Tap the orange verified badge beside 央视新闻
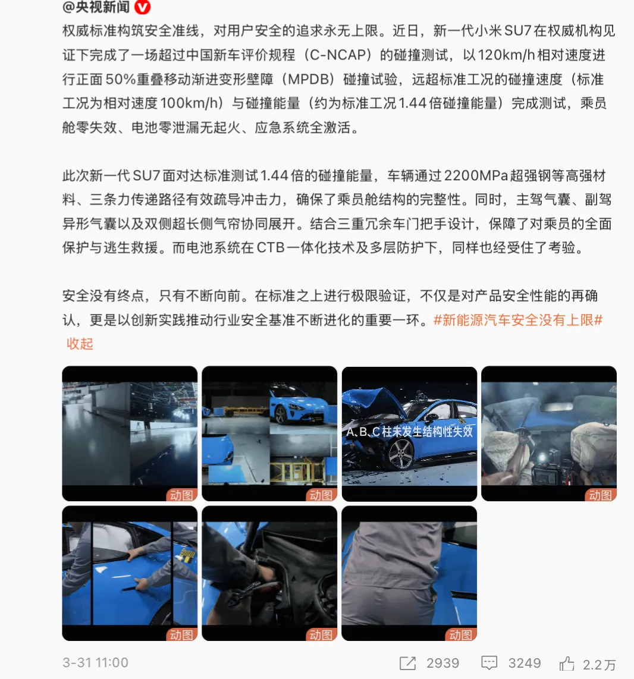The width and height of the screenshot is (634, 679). [143, 8]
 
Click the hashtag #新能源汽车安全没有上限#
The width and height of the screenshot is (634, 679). [518, 320]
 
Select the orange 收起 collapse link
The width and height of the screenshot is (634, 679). [80, 344]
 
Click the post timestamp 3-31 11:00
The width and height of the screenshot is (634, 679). [95, 663]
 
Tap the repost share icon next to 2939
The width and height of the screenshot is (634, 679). [408, 664]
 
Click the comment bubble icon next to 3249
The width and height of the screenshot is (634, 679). [489, 664]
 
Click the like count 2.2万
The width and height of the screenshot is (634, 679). [599, 664]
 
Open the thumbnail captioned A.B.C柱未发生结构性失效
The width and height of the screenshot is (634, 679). [409, 433]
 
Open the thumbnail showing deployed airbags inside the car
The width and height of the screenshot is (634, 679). [548, 433]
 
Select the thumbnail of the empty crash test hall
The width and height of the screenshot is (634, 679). [130, 433]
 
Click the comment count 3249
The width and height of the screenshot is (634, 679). [525, 664]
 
